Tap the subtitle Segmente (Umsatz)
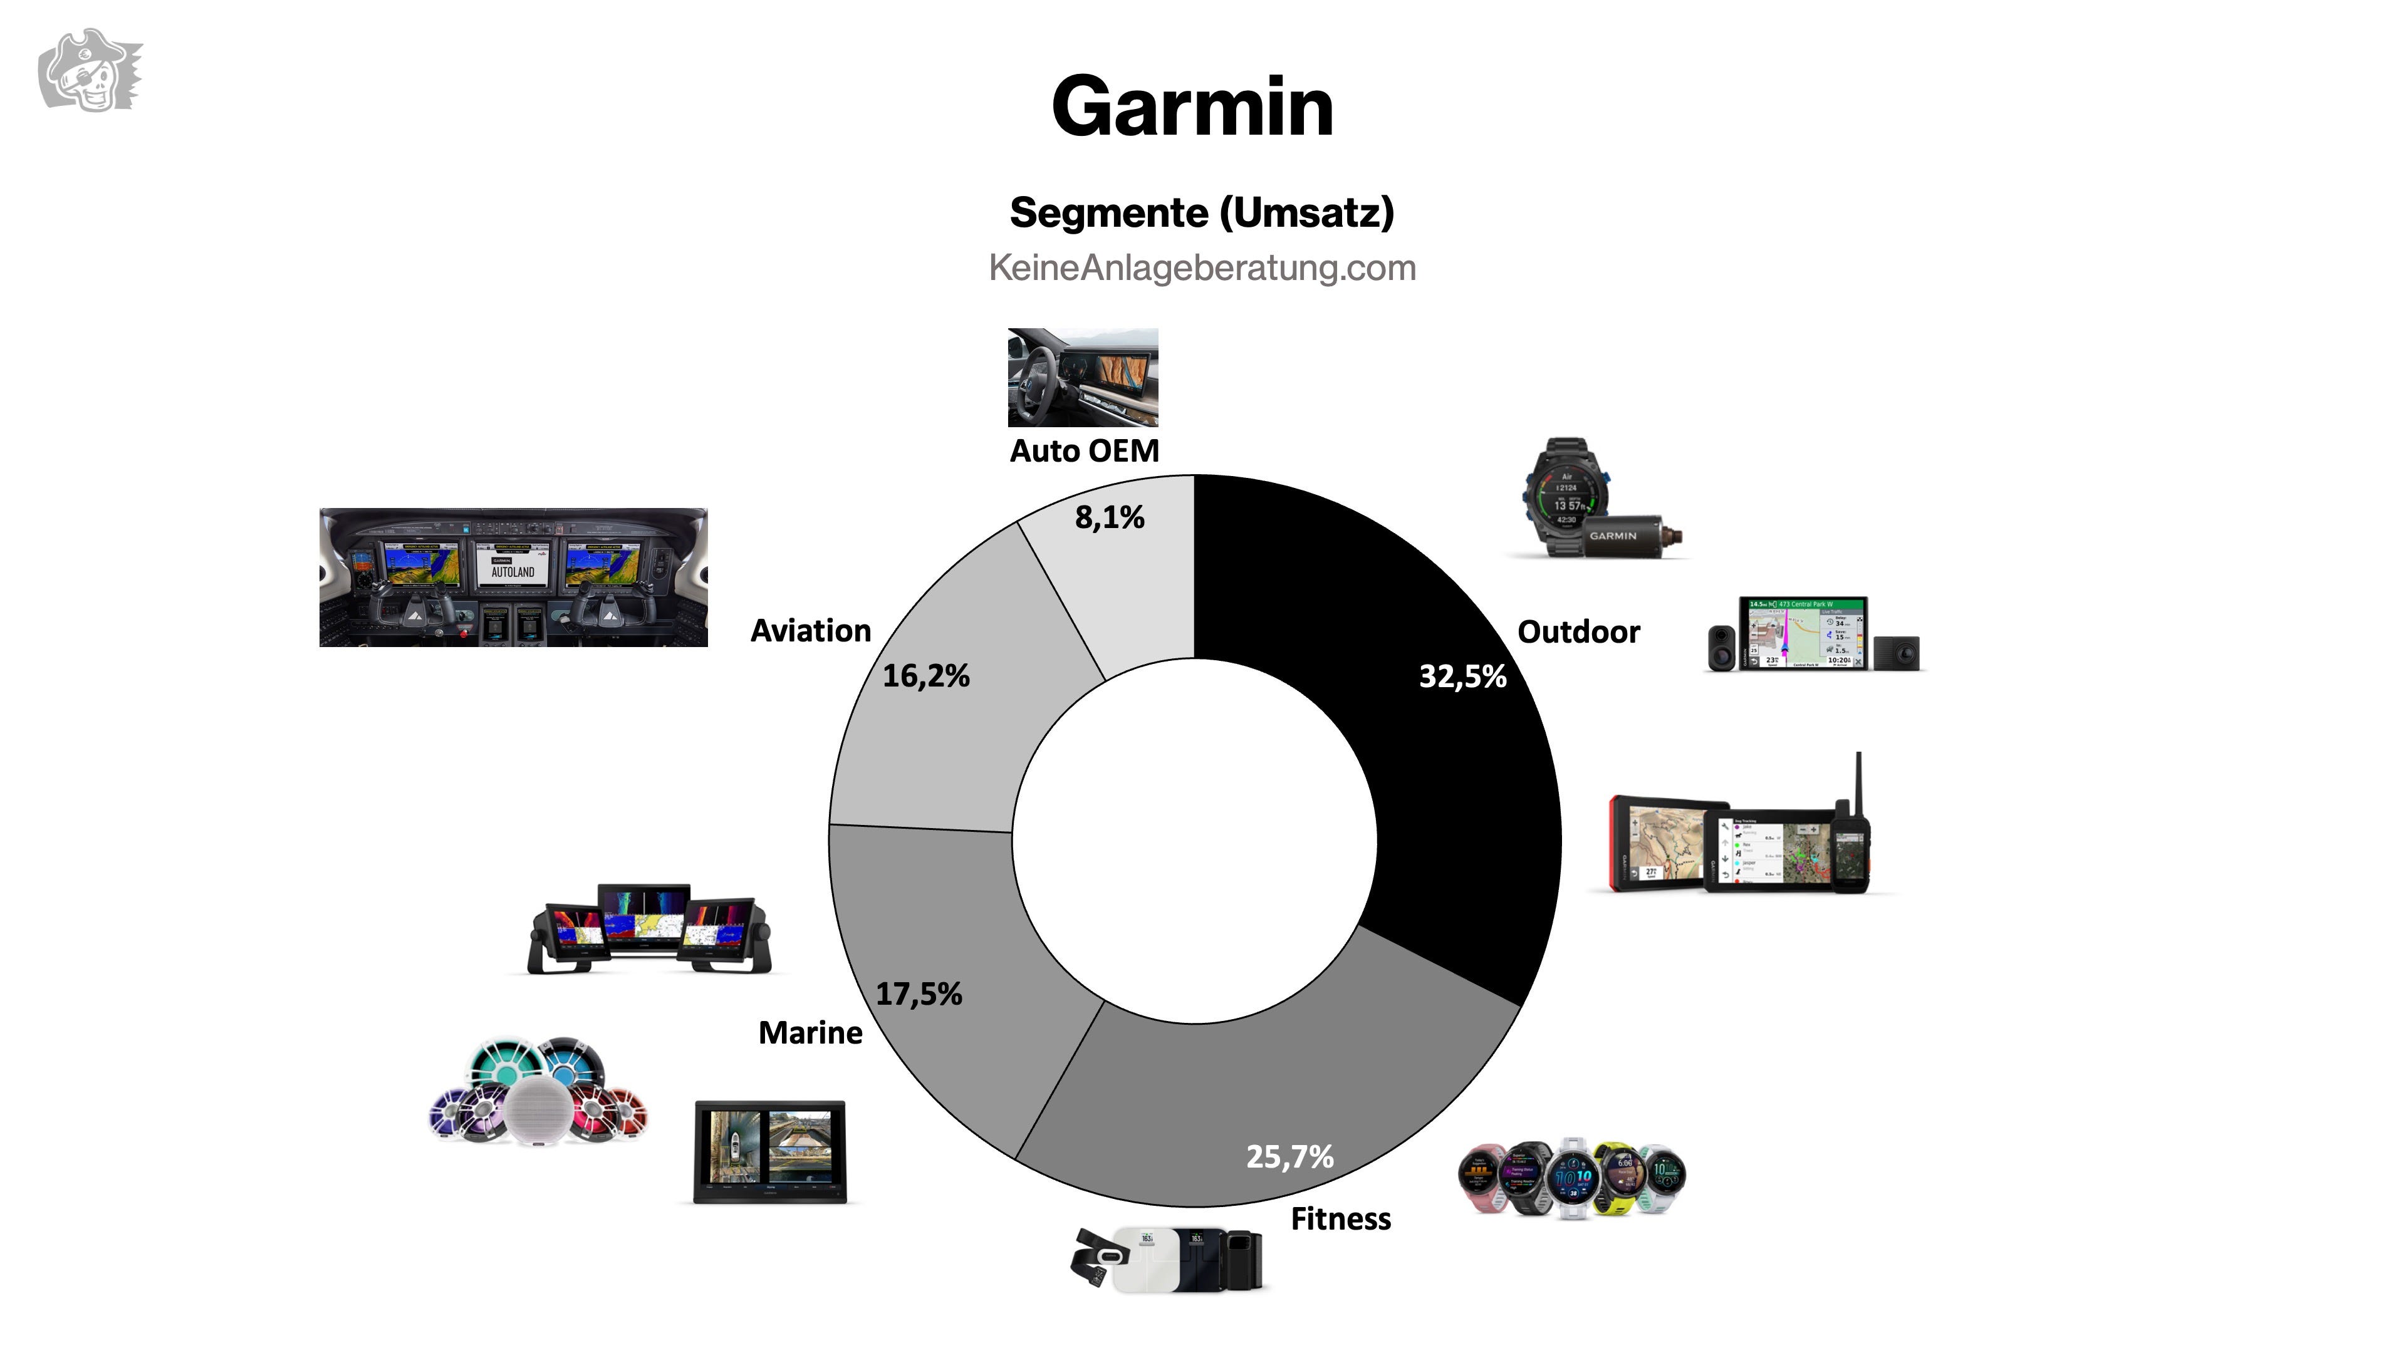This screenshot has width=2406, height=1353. (1202, 213)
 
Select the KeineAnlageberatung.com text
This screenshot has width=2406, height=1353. (1202, 269)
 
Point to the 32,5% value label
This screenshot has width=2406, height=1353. (1462, 676)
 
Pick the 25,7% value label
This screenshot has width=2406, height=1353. (1290, 1157)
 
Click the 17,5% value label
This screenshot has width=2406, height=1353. (919, 993)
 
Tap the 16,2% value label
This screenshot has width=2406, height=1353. (927, 675)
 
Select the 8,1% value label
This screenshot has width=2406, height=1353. (1110, 517)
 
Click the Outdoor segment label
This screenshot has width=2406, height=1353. (1578, 632)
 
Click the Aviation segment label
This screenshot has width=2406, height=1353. (811, 631)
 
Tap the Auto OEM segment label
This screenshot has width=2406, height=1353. (1085, 451)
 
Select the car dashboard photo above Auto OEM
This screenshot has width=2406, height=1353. (1083, 377)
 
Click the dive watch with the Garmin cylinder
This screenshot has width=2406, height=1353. (1597, 500)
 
